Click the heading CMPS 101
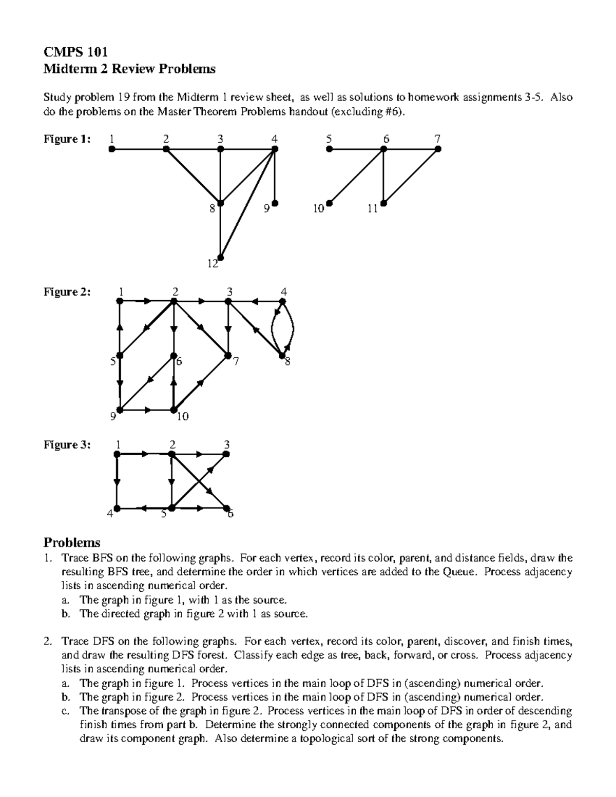click(x=74, y=52)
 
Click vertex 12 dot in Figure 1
click(x=220, y=258)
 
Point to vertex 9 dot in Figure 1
click(x=275, y=203)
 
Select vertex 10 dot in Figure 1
click(x=329, y=203)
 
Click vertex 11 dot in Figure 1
click(x=383, y=203)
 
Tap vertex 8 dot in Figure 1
click(x=220, y=203)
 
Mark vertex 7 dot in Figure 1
click(x=438, y=149)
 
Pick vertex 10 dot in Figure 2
click(x=174, y=410)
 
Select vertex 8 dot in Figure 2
click(x=282, y=356)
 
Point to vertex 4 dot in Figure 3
click(x=117, y=508)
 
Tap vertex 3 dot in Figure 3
click(x=226, y=454)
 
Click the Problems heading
click(x=72, y=542)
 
